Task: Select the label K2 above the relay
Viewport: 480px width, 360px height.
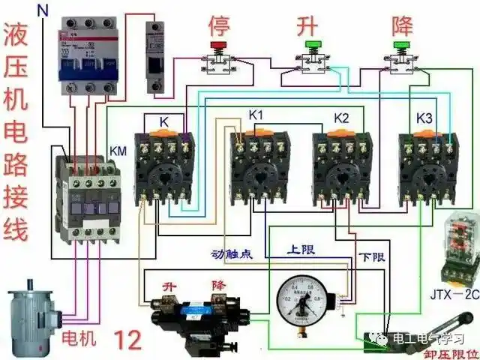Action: point(341,118)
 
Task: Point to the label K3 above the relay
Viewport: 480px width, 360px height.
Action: point(424,118)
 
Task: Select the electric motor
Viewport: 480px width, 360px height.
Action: point(32,319)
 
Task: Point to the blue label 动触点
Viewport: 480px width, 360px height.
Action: point(232,253)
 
